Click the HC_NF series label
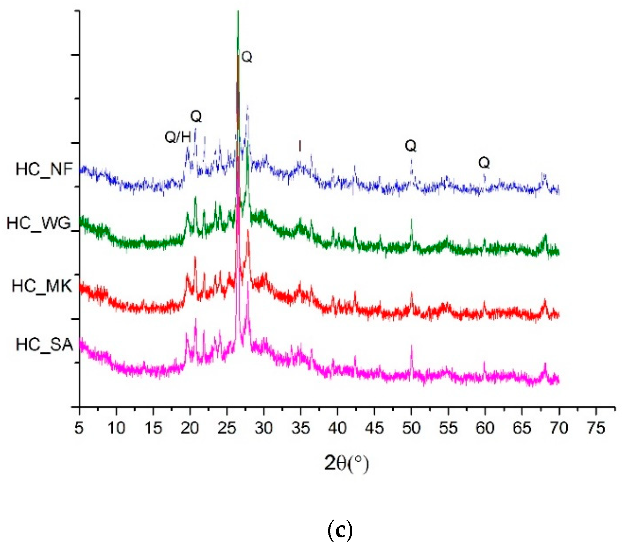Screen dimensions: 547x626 [44, 169]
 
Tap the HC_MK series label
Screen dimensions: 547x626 [42, 286]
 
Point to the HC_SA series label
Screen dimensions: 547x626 [45, 345]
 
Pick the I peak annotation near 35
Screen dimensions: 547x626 [300, 146]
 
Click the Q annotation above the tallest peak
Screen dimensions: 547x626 [247, 57]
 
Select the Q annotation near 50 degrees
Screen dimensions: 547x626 [411, 146]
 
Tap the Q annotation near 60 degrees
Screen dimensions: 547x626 [484, 162]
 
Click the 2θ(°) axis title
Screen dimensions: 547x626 [346, 464]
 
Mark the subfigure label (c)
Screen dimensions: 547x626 [340, 530]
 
